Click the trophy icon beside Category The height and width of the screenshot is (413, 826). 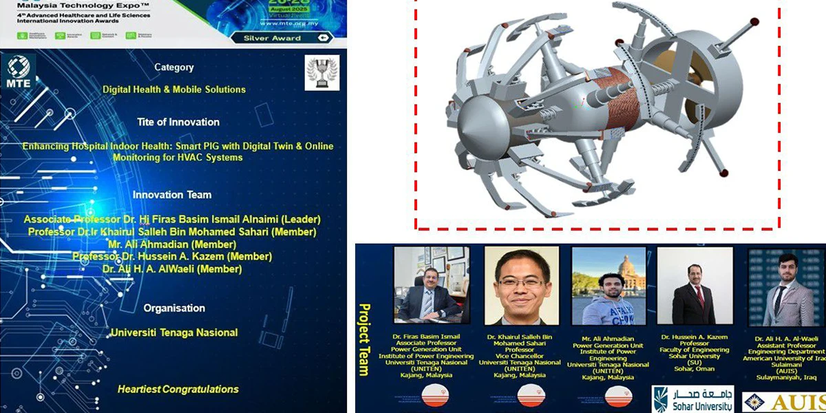322,73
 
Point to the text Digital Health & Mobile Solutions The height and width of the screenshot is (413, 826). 174,89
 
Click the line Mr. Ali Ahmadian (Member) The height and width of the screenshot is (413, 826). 172,244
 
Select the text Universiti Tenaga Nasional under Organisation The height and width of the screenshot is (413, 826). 174,332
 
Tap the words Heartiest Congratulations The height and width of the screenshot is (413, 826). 178,390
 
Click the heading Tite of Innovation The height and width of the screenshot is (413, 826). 178,122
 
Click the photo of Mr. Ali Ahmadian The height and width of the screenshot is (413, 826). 604,286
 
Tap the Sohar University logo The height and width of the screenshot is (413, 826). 692,399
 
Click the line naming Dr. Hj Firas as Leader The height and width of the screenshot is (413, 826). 172,220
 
